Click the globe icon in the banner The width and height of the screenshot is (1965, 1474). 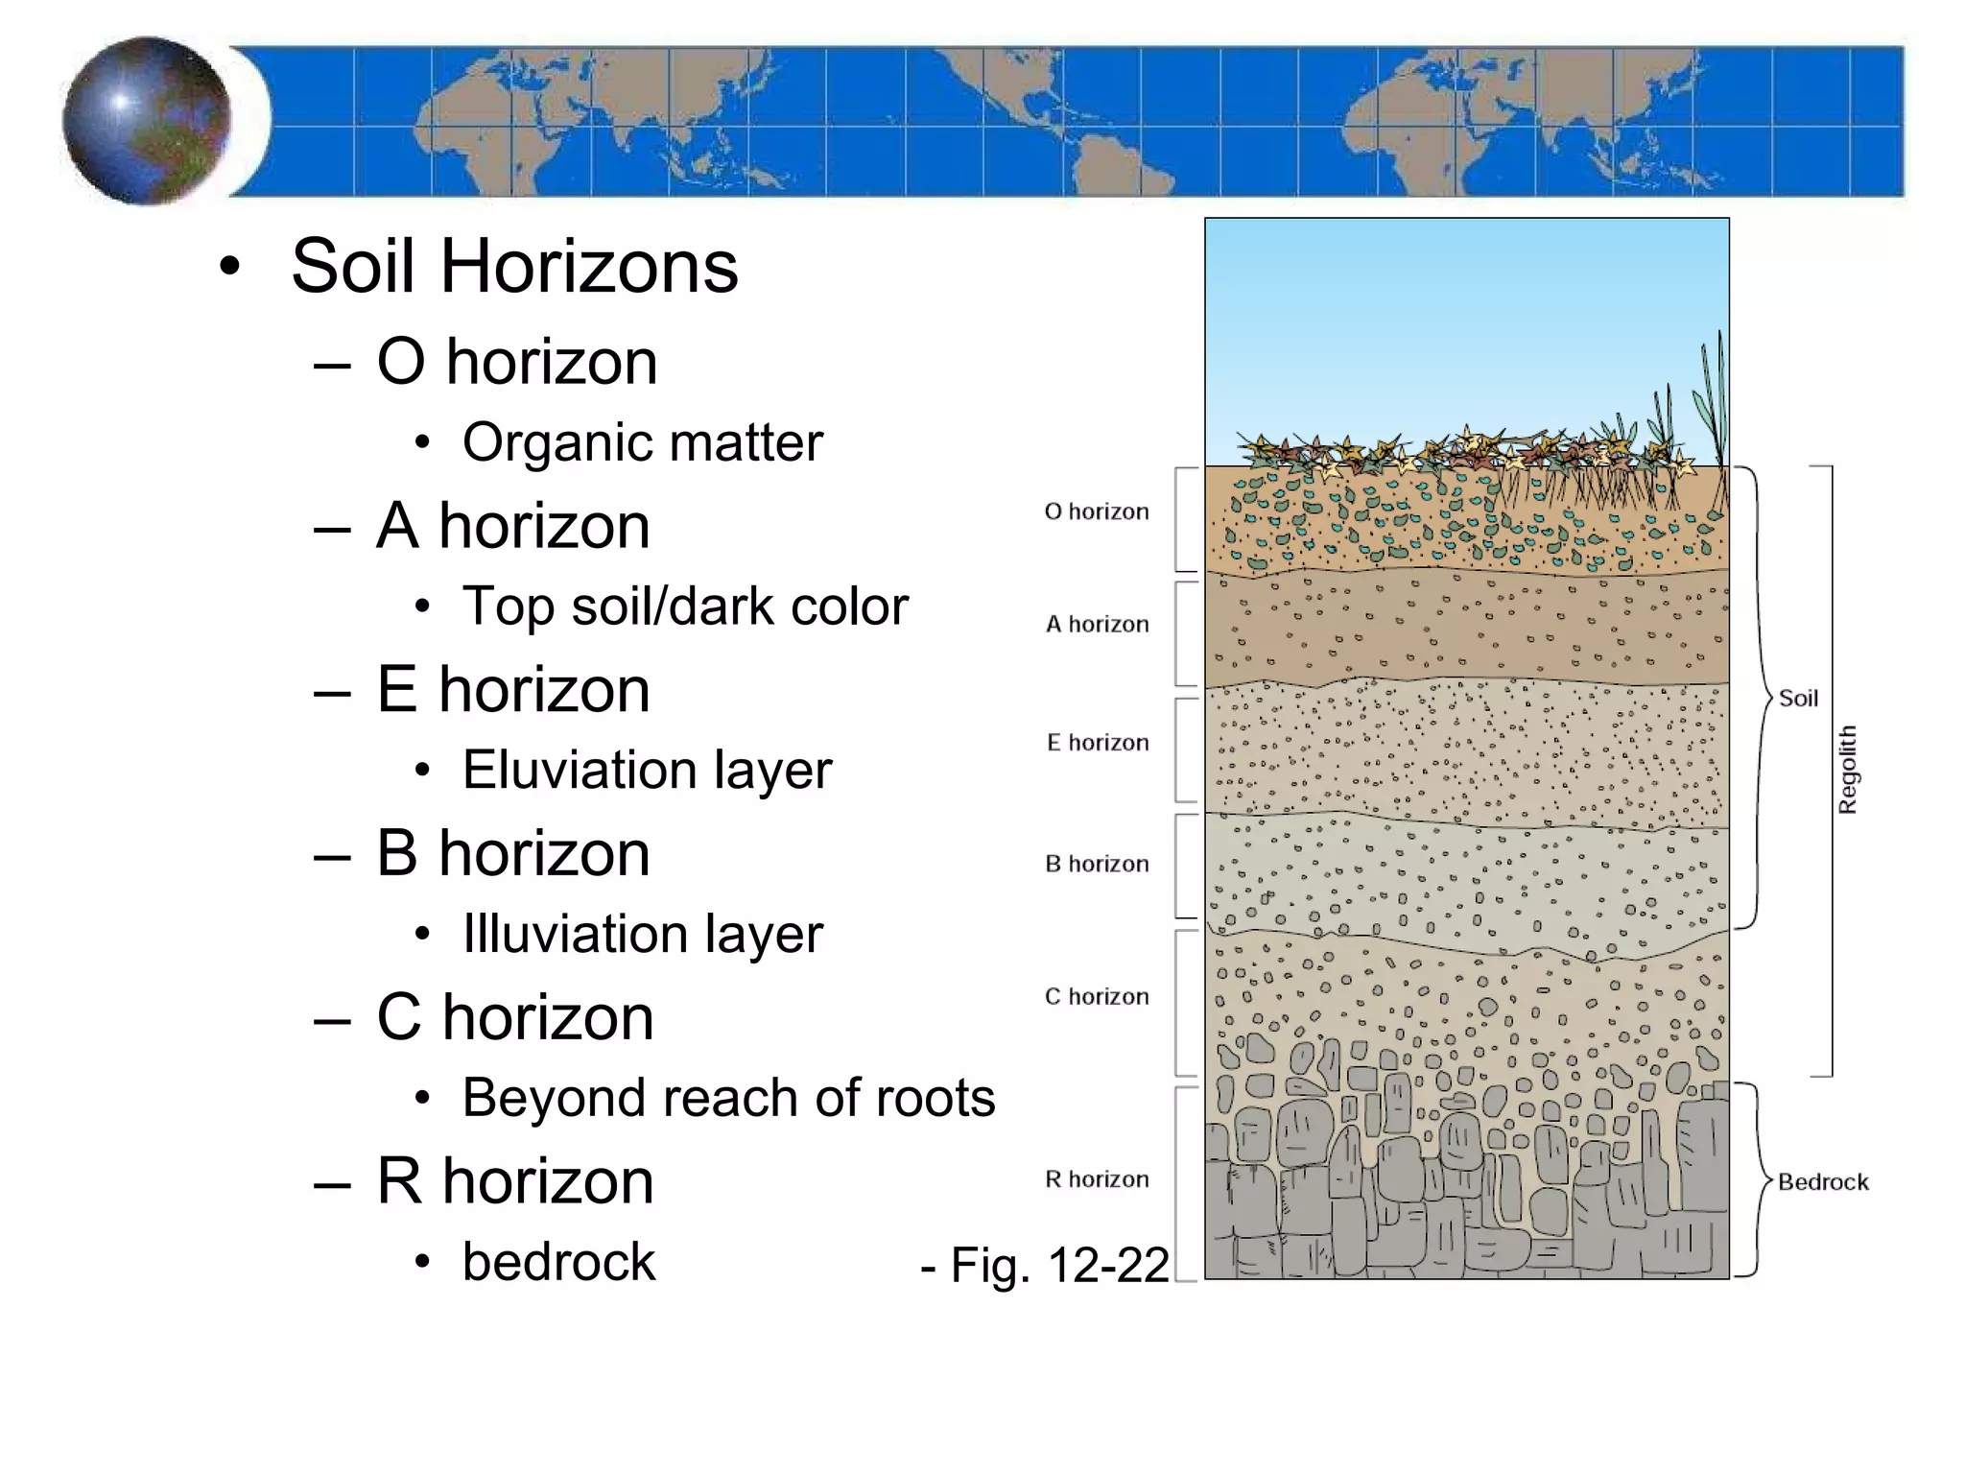coord(147,121)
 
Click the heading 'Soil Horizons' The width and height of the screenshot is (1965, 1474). coord(514,266)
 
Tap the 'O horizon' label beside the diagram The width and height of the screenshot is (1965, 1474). coord(1097,511)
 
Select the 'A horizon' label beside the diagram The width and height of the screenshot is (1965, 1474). coord(1097,625)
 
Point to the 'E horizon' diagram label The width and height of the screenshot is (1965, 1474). coord(1098,743)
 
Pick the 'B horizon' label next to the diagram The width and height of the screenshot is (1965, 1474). coord(1097,865)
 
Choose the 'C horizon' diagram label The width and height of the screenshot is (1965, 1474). coord(1097,997)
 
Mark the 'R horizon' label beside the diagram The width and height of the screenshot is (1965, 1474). coord(1097,1179)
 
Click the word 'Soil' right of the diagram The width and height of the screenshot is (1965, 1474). coord(1798,699)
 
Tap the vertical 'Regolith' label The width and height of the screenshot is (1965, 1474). coord(1847,770)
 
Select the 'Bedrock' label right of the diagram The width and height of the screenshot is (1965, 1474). coord(1823,1182)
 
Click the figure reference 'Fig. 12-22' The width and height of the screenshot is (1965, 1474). coord(1046,1265)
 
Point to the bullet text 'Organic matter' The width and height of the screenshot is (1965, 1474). coord(643,442)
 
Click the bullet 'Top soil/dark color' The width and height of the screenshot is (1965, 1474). coord(685,606)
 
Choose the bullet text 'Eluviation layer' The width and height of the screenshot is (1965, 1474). coord(647,770)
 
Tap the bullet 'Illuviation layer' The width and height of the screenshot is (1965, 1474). coord(643,934)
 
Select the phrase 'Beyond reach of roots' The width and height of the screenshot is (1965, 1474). coord(728,1098)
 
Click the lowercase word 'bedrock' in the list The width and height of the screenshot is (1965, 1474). coord(558,1262)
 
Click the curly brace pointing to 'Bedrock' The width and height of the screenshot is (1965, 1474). coord(1754,1180)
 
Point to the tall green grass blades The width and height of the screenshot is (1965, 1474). coord(1713,403)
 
